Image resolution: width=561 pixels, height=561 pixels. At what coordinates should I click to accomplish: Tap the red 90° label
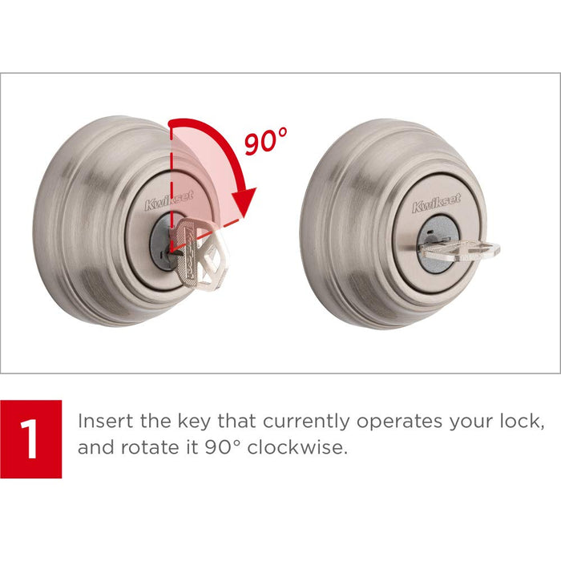265,143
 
